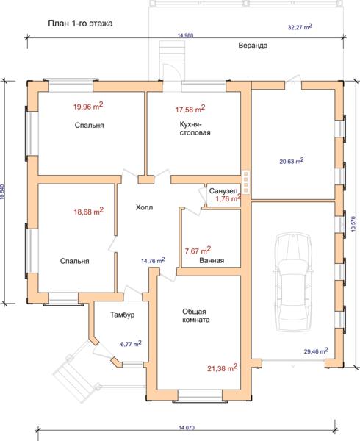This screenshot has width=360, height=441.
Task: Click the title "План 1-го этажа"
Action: click(80, 24)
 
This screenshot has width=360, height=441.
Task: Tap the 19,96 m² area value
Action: click(88, 106)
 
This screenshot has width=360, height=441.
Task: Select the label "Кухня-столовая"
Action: click(195, 128)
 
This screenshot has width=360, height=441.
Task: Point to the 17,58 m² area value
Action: click(190, 109)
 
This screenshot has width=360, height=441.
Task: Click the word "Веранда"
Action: click(253, 46)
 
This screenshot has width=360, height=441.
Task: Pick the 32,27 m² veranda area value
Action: click(300, 27)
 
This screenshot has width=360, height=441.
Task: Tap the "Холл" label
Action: click(145, 207)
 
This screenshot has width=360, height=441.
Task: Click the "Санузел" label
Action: click(223, 191)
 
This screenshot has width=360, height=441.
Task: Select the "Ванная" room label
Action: click(212, 260)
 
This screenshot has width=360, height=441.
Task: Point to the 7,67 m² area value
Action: click(198, 251)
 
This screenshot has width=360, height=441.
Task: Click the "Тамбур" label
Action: click(122, 315)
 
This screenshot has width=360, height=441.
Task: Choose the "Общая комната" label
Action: click(196, 315)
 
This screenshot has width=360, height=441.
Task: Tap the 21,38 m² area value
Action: click(223, 367)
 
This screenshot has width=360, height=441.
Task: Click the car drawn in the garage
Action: click(294, 282)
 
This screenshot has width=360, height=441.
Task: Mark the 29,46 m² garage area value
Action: click(316, 351)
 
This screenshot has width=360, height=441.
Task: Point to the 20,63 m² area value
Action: click(292, 161)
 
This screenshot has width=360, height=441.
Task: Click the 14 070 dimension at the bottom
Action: click(187, 428)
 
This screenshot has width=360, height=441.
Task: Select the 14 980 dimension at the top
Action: click(185, 35)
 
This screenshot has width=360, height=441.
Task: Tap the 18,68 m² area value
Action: click(88, 211)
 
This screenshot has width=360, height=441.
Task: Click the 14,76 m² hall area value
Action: click(153, 261)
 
